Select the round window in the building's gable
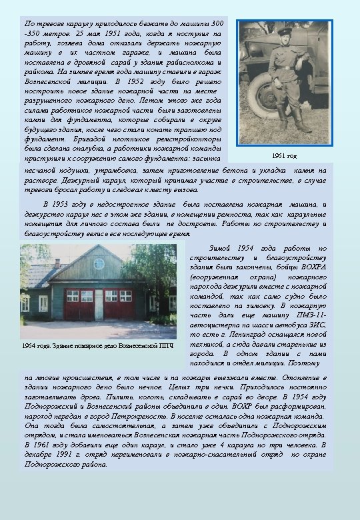point(99,263)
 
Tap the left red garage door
point(79,304)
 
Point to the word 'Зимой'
point(221,248)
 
